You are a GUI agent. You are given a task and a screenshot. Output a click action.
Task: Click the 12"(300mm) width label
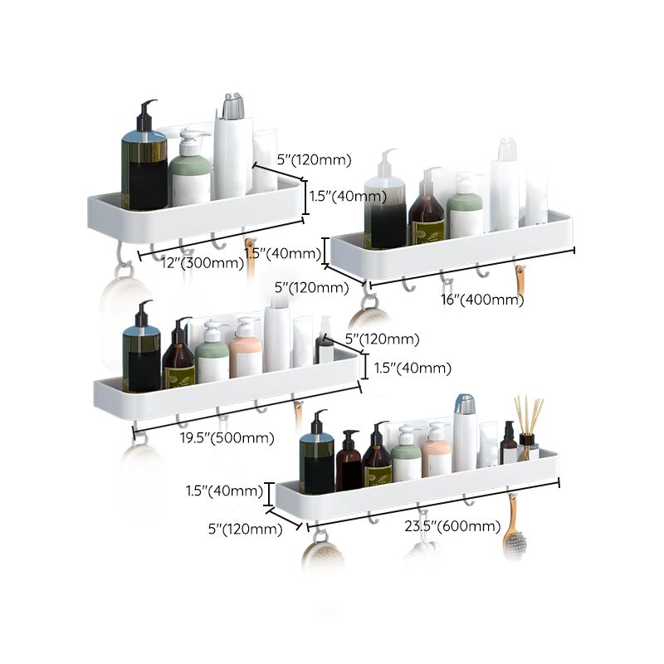(198, 263)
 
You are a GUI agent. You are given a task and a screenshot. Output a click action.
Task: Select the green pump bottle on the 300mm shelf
(189, 173)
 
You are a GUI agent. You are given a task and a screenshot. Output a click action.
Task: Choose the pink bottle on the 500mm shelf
(246, 352)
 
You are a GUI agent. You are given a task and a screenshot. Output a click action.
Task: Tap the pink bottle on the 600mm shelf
(436, 453)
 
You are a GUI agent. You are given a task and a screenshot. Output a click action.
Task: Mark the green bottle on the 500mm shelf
(212, 355)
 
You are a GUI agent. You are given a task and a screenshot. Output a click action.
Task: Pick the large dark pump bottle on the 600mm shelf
(317, 456)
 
